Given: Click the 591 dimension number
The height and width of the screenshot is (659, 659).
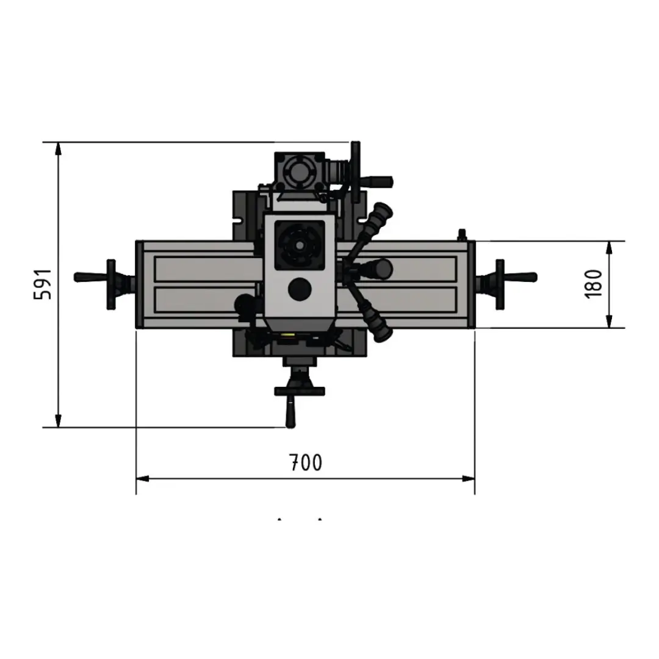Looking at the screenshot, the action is point(43,284).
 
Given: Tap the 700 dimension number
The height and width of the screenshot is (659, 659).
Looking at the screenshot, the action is point(306,463).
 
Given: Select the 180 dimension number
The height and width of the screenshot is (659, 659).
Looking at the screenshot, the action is point(594,284).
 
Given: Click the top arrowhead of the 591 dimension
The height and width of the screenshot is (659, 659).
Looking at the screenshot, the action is point(59,149).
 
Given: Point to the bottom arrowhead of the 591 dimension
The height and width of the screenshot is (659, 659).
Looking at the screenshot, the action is point(59,420).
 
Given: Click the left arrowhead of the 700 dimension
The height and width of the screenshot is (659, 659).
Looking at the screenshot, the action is point(143,479).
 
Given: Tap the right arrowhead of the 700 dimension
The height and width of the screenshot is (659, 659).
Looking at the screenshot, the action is point(468,479).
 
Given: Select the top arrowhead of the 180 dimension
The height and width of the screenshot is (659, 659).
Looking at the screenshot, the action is point(609,248).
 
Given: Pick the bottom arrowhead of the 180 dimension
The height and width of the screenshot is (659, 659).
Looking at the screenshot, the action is point(609,321).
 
